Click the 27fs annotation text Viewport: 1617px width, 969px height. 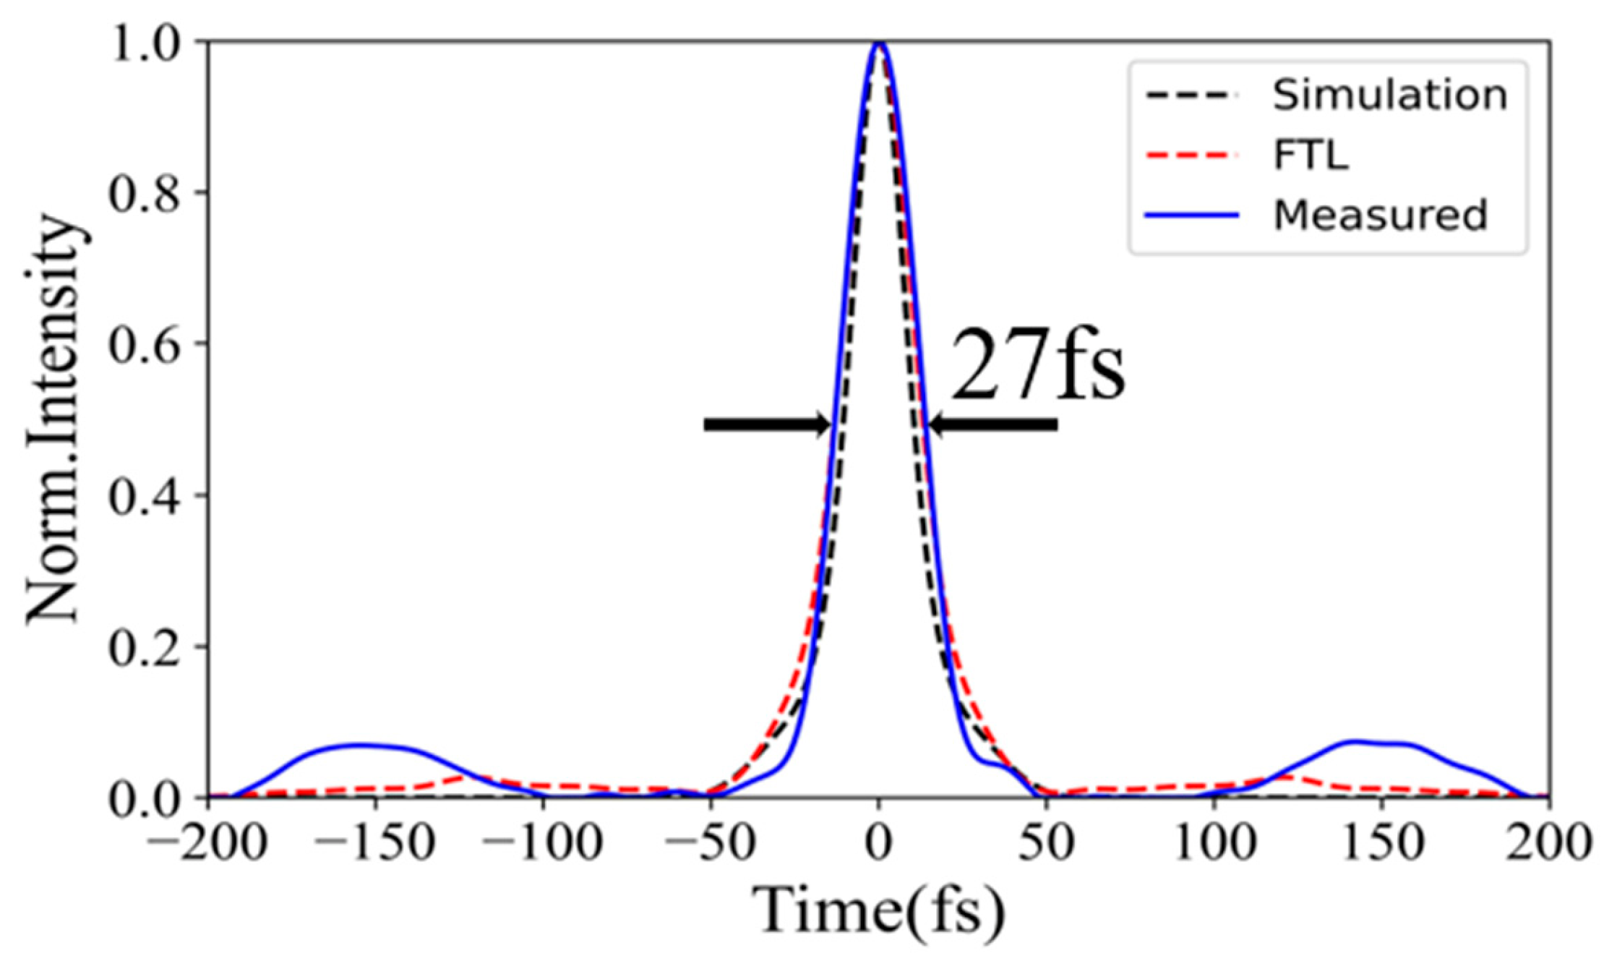coord(1037,363)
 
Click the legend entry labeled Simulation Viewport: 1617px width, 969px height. coord(1390,95)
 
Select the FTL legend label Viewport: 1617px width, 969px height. coord(1311,155)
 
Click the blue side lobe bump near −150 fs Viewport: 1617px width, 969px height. coord(361,745)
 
